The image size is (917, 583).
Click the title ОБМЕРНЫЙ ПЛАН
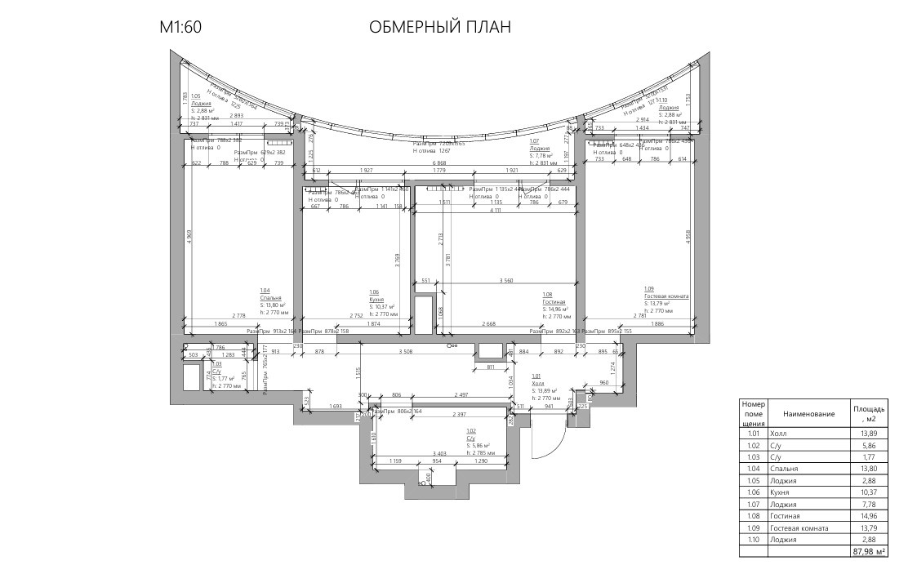(x=440, y=28)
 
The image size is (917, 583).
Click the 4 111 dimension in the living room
(x=496, y=210)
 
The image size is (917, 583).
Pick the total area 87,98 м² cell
(x=869, y=552)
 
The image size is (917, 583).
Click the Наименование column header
(x=808, y=414)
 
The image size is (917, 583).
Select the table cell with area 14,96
(x=869, y=516)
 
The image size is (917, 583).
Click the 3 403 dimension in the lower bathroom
(x=438, y=453)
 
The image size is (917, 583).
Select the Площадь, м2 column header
(x=869, y=413)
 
